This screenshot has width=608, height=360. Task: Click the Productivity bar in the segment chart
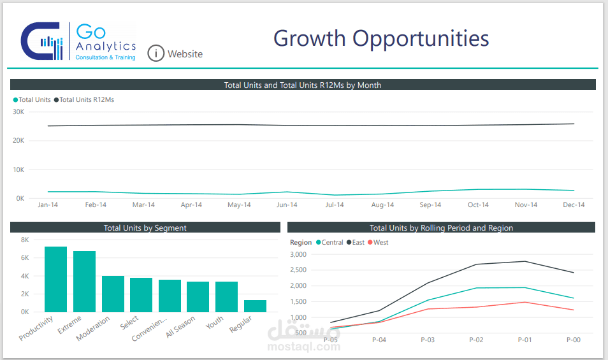click(55, 279)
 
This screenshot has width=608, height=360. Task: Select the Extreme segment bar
click(84, 281)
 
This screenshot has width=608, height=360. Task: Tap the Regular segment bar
click(255, 306)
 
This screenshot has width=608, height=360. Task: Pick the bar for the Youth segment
click(226, 296)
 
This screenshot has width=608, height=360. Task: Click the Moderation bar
click(113, 294)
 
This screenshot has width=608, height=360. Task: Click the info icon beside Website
click(156, 54)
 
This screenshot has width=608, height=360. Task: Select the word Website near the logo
click(185, 54)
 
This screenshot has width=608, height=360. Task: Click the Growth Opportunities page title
click(381, 38)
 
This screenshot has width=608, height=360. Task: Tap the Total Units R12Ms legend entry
click(87, 99)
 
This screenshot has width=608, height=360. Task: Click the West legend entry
click(380, 242)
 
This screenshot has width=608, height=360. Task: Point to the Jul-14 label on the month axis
click(335, 205)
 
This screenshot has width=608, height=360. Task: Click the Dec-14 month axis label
click(574, 205)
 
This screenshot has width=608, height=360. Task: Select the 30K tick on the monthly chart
click(18, 112)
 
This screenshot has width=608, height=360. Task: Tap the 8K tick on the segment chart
click(25, 240)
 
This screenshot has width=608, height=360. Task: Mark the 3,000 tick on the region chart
click(298, 254)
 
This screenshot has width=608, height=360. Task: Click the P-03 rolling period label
click(427, 340)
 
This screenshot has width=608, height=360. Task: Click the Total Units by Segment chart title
click(145, 227)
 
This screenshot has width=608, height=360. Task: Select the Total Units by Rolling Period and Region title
click(441, 227)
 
